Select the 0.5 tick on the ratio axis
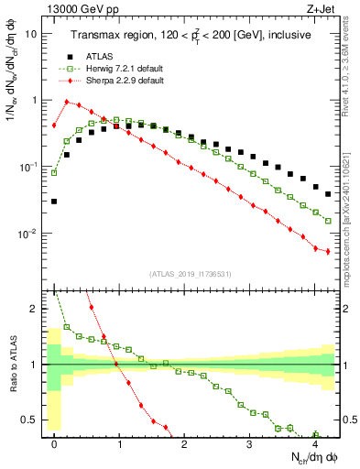tap(30, 420)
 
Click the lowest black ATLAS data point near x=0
tap(54, 201)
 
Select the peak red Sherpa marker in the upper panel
tap(67, 102)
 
